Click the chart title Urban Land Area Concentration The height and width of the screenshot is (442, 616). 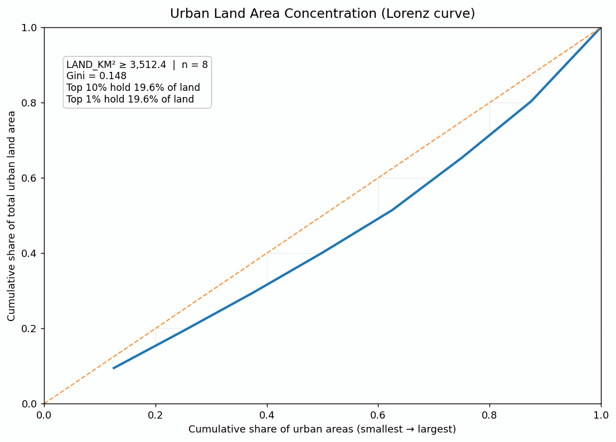tap(322, 14)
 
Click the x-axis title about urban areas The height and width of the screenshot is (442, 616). tap(322, 429)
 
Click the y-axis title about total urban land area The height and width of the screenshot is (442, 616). tap(12, 216)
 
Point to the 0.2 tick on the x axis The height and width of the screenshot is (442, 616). tap(156, 415)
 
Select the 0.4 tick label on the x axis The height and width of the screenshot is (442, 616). tap(267, 415)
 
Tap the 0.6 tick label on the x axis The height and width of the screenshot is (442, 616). tap(378, 415)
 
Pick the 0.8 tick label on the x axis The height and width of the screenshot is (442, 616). tap(489, 415)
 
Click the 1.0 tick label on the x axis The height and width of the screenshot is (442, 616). tap(600, 415)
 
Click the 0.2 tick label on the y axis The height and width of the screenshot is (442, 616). tap(32, 329)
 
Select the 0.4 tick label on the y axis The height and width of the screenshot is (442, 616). tap(32, 254)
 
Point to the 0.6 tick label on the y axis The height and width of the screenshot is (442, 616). tap(32, 178)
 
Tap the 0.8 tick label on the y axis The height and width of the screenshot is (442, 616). tap(32, 103)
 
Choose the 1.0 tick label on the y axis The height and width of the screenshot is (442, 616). tap(32, 28)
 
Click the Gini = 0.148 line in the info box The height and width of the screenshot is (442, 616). tap(96, 76)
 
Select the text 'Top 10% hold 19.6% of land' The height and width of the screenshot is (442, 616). tap(133, 88)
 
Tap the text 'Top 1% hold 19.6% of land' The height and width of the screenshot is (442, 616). tap(130, 99)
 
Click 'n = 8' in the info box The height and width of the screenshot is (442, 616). tap(195, 65)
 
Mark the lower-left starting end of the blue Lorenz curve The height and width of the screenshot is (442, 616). tap(114, 368)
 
